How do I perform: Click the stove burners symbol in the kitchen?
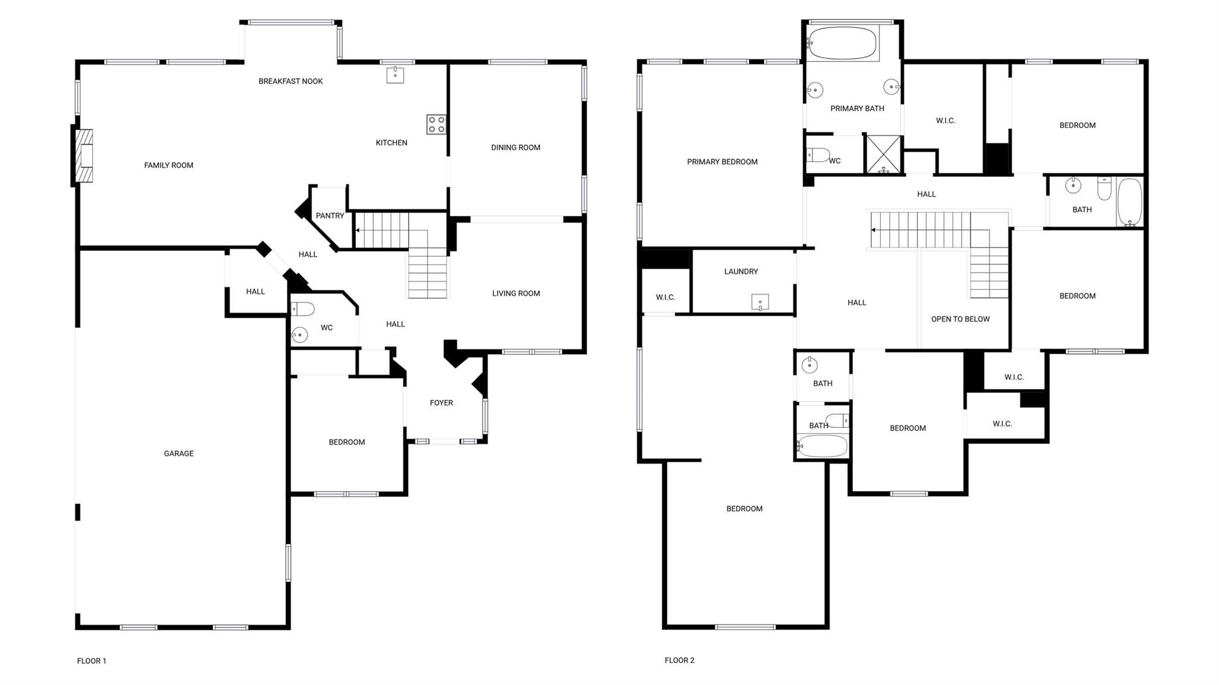[436, 124]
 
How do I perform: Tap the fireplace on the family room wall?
[84, 156]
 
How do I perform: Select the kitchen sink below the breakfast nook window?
[395, 75]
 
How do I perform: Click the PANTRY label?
[330, 215]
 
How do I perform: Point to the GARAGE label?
[179, 453]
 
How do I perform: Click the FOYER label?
[441, 403]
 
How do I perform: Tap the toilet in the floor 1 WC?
[302, 309]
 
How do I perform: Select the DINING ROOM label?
[515, 148]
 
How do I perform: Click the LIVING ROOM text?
[515, 293]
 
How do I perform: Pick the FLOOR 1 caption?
[92, 661]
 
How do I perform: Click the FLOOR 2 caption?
[679, 660]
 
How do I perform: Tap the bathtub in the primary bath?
[843, 43]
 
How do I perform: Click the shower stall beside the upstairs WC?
[883, 155]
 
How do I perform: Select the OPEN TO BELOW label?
[960, 319]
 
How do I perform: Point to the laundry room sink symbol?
[760, 302]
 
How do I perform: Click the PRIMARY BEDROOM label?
[722, 162]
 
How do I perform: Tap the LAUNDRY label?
[741, 271]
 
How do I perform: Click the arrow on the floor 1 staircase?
[358, 230]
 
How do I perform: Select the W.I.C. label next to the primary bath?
[945, 121]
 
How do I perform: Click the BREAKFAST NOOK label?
[290, 82]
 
